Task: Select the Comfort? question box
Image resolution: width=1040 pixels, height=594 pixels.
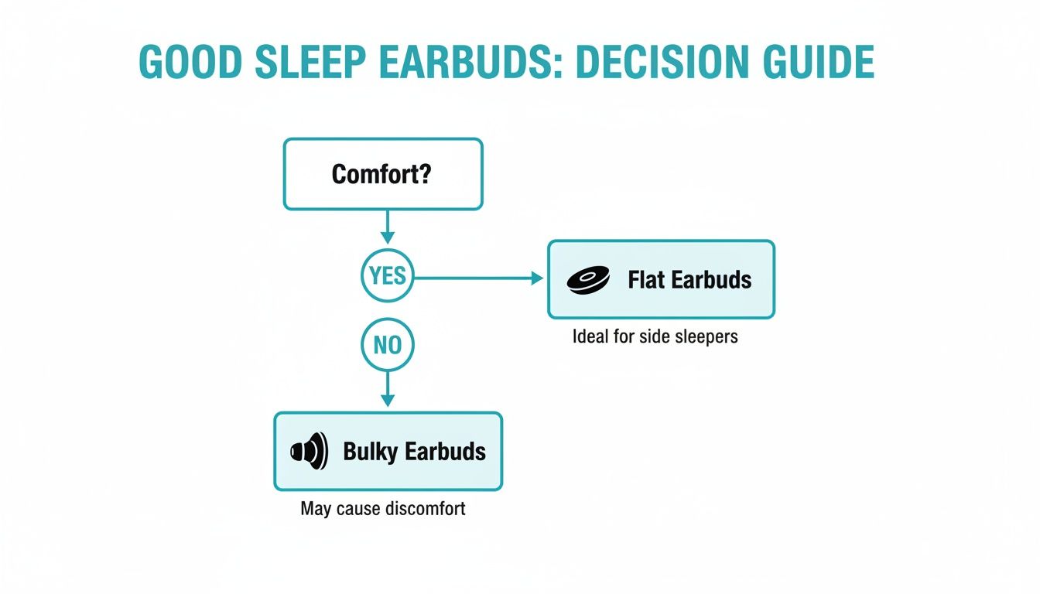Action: pos(383,174)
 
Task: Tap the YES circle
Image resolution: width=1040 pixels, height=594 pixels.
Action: pos(388,276)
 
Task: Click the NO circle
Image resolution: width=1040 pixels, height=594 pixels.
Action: pos(388,345)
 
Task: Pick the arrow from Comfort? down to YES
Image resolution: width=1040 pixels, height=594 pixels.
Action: pos(388,229)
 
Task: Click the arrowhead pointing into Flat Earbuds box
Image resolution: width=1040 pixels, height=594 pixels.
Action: pos(538,278)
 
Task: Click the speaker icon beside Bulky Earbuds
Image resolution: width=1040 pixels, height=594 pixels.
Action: pos(309,451)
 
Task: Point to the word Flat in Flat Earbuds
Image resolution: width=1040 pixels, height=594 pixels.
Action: pos(645,279)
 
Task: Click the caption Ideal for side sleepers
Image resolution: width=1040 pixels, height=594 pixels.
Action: pos(655,337)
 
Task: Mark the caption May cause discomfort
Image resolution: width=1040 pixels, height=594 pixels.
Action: pos(383,510)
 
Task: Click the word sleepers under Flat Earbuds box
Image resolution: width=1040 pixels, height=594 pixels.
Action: pos(706,337)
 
